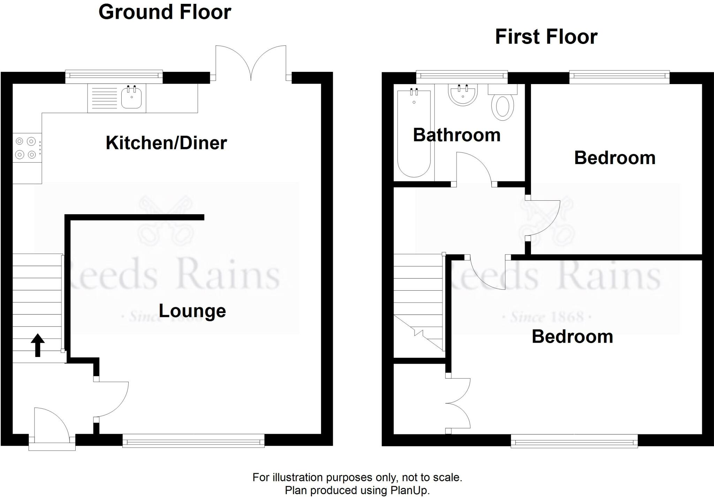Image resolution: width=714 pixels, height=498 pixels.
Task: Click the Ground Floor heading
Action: pyautogui.click(x=165, y=12)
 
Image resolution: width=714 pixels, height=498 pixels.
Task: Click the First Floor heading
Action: pyautogui.click(x=546, y=37)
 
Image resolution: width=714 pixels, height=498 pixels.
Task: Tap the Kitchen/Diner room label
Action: pyautogui.click(x=166, y=143)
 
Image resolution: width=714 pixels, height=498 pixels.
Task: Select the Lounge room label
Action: pyautogui.click(x=192, y=311)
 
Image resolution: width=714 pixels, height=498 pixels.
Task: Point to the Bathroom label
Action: pyautogui.click(x=457, y=135)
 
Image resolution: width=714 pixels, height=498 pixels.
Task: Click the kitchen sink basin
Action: pyautogui.click(x=131, y=98)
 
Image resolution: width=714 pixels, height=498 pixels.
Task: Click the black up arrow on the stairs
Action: pyautogui.click(x=38, y=345)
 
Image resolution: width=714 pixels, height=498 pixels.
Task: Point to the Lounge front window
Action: pyautogui.click(x=193, y=441)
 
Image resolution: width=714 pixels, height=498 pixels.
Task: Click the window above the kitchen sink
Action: pyautogui.click(x=114, y=75)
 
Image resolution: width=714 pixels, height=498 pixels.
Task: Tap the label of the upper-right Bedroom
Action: pyautogui.click(x=615, y=158)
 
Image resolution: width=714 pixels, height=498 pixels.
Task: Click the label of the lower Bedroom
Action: pyautogui.click(x=572, y=337)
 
